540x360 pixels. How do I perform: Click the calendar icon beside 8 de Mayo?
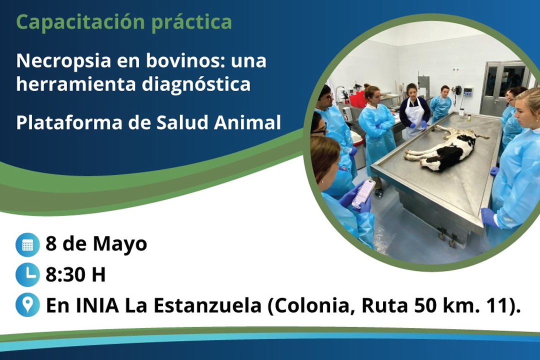27,244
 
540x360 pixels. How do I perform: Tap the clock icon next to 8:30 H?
27,274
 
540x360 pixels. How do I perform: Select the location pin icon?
27,305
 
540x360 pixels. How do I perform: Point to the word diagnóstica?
196,84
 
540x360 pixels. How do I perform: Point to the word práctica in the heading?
192,22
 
